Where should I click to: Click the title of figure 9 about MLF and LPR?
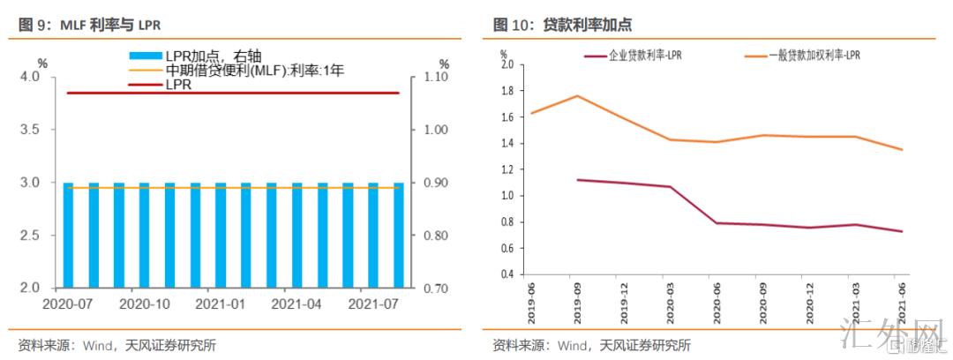[84, 25]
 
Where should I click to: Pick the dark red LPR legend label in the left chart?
[179, 85]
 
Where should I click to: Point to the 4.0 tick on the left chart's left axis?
[30, 77]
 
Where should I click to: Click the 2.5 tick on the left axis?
[30, 236]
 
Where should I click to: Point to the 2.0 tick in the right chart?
[507, 64]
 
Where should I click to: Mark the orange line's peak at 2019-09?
[576, 95]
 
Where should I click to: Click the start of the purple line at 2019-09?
[577, 180]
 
